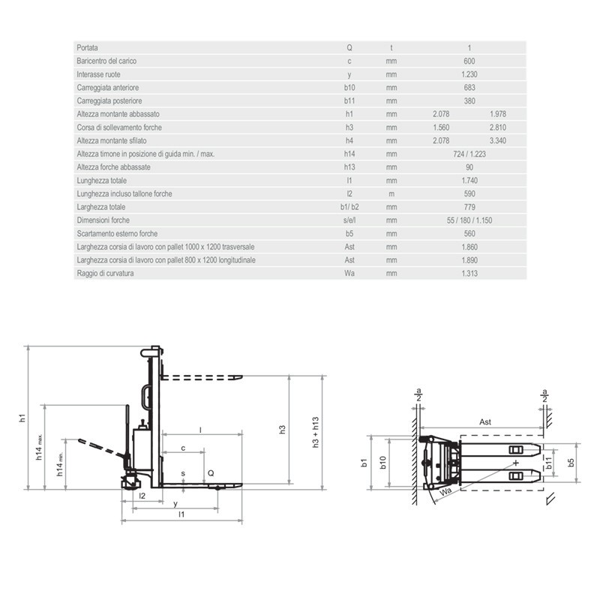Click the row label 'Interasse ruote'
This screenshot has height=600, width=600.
98,74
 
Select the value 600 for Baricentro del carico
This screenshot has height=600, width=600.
469,61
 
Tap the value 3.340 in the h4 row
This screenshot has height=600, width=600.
498,141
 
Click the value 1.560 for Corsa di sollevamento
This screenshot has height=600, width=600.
441,127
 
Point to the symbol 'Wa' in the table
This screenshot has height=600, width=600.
349,273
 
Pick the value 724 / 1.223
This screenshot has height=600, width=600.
469,154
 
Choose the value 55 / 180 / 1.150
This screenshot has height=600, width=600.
469,220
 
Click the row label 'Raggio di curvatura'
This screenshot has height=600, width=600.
105,273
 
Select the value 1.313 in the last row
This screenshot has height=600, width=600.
469,273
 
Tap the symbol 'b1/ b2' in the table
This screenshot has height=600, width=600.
349,207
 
